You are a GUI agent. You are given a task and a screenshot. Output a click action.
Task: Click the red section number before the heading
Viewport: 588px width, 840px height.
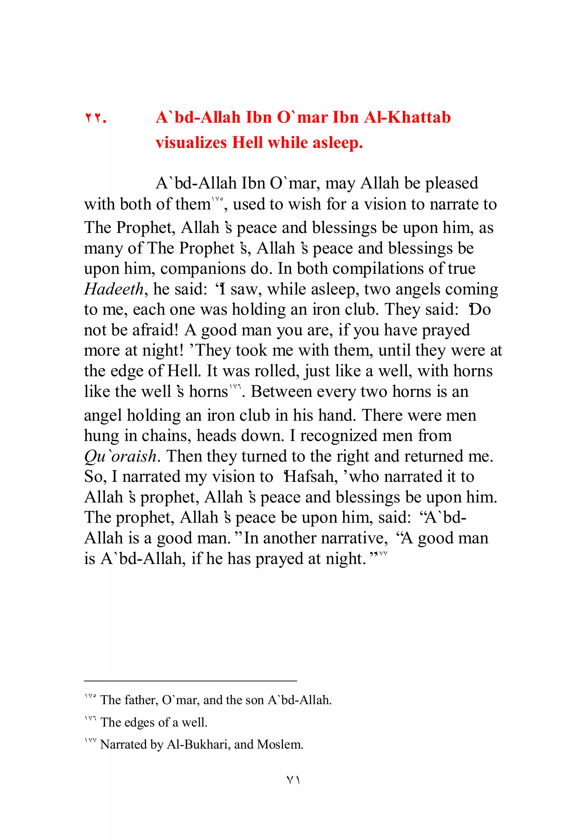95,118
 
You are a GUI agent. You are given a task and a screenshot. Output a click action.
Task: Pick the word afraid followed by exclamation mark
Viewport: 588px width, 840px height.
155,330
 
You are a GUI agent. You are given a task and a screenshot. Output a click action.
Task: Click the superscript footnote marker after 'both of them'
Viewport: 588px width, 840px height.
217,199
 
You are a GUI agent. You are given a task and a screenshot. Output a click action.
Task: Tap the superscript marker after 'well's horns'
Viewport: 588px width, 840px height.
235,386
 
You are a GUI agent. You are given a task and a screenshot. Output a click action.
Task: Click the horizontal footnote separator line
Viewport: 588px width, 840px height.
190,681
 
